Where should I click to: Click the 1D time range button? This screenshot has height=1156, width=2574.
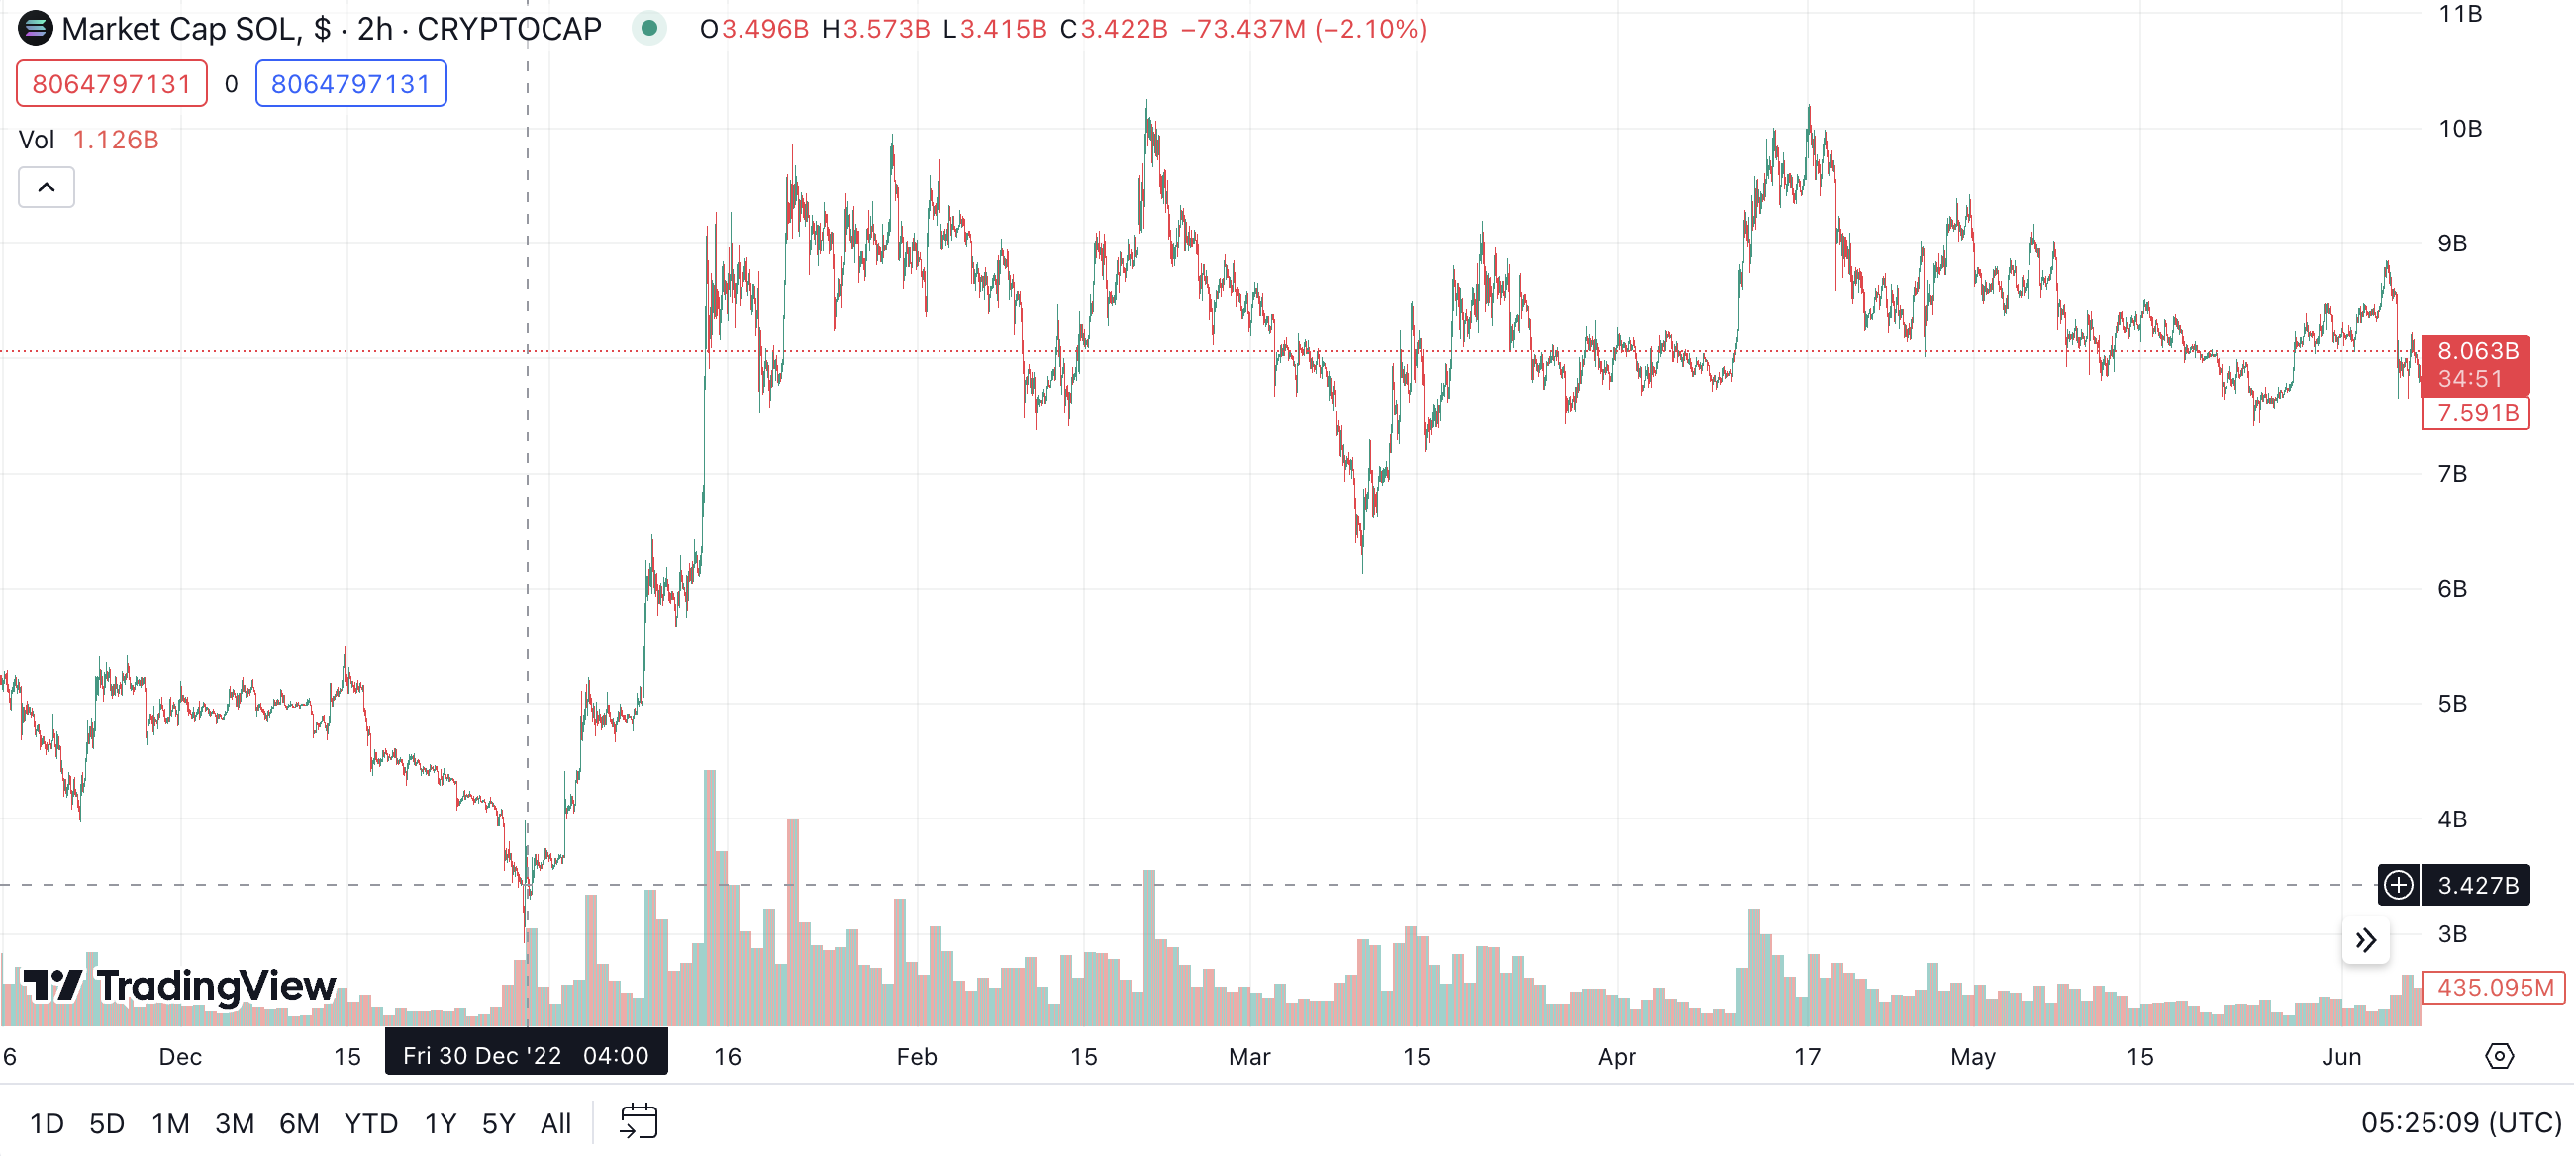tap(46, 1123)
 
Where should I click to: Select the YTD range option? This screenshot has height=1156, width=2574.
tap(370, 1123)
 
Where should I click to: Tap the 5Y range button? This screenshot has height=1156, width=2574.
tap(498, 1123)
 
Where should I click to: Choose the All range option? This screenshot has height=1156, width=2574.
tap(555, 1123)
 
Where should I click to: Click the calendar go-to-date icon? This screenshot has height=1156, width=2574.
tap(639, 1121)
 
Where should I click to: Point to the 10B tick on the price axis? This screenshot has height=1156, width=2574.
tap(2459, 129)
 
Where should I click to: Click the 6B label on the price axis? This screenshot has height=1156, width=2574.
tap(2451, 589)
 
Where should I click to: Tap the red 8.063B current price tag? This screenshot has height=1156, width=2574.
tap(2476, 363)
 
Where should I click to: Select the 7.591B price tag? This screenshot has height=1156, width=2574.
tap(2476, 413)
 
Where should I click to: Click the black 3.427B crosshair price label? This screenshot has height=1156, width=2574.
tap(2475, 885)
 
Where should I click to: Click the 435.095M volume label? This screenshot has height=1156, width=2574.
tap(2494, 987)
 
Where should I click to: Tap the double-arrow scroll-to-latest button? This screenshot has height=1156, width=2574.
tap(2365, 940)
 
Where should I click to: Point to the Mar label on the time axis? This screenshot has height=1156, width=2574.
tap(1249, 1056)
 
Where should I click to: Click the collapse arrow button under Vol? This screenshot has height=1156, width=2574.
tap(46, 188)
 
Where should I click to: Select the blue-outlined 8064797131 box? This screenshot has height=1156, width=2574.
tap(350, 84)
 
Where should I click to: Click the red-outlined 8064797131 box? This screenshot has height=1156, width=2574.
tap(111, 84)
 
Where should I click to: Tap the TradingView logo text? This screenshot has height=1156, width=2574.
tap(181, 986)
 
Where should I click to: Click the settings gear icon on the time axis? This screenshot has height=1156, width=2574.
tap(2499, 1056)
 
